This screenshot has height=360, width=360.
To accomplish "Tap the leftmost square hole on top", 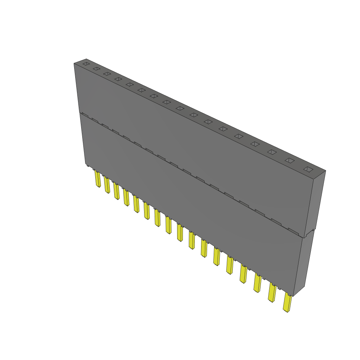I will tap(86, 64).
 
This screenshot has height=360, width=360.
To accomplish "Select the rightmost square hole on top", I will tap(308, 169).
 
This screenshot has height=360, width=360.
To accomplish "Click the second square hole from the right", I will tap(289, 160).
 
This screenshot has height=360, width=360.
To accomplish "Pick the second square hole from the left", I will tap(96, 69).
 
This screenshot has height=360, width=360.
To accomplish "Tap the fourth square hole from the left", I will tap(118, 79).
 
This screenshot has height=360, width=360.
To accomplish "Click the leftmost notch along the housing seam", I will tap(84, 114).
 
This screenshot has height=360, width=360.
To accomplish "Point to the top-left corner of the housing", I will tap(74, 64).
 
